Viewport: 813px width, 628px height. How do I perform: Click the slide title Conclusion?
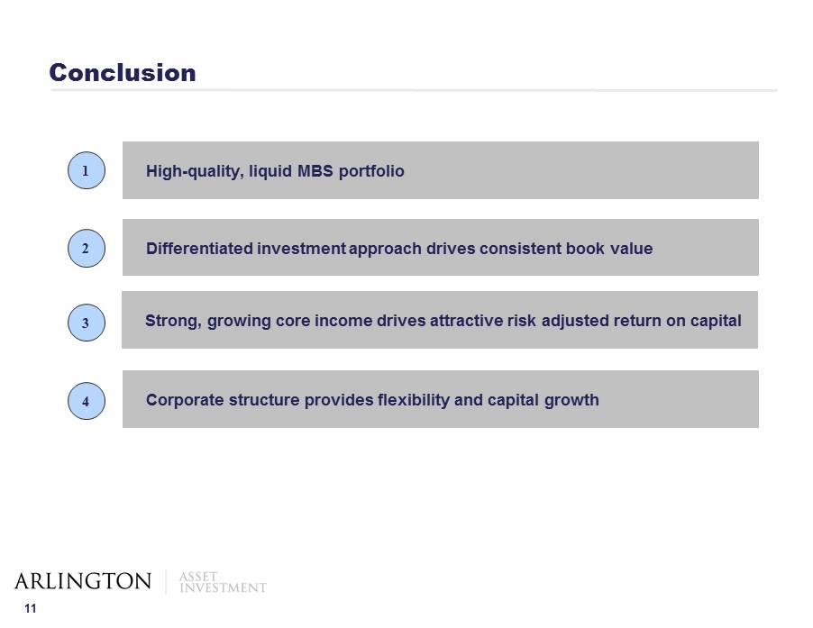pyautogui.click(x=123, y=73)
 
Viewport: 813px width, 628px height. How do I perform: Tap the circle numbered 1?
pyautogui.click(x=86, y=170)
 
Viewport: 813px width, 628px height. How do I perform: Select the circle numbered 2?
pyautogui.click(x=86, y=248)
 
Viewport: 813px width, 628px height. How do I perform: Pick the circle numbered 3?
pyautogui.click(x=86, y=323)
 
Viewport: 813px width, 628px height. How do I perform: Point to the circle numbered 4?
pyautogui.click(x=86, y=401)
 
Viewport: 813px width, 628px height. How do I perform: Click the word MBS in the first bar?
pyautogui.click(x=315, y=171)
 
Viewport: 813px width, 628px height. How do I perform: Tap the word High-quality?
pyautogui.click(x=195, y=171)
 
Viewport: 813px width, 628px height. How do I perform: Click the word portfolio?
pyautogui.click(x=371, y=171)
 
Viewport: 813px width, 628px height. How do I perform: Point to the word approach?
pyautogui.click(x=385, y=250)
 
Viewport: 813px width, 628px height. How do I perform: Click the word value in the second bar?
pyautogui.click(x=632, y=249)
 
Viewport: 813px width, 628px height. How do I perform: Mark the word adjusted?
pyautogui.click(x=575, y=322)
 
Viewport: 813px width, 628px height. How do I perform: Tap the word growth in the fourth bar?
pyautogui.click(x=572, y=401)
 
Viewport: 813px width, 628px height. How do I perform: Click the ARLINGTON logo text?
pyautogui.click(x=83, y=581)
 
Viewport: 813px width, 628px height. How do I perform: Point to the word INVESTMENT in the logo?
pyautogui.click(x=223, y=587)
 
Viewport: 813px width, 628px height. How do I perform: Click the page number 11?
pyautogui.click(x=31, y=609)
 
